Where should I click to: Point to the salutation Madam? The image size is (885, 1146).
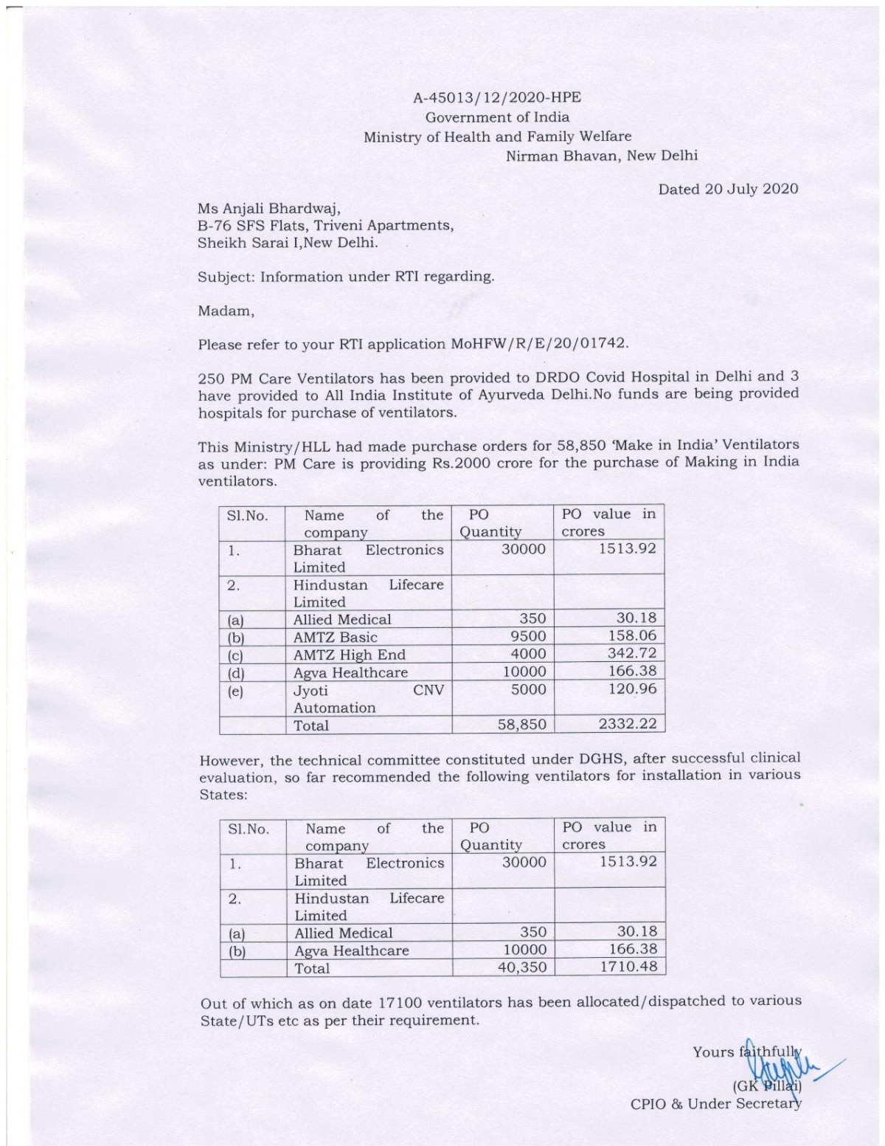coord(226,311)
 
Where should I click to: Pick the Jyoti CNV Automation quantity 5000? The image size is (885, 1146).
coord(528,689)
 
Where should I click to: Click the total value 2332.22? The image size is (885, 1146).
coord(627,724)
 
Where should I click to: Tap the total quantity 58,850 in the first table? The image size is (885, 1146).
coord(522,725)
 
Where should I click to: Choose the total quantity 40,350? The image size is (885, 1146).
coord(522,967)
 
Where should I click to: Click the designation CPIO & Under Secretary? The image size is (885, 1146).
coord(715,1104)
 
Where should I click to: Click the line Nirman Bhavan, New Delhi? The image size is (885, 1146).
coord(601,156)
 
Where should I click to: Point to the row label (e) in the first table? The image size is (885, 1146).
coord(235,691)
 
